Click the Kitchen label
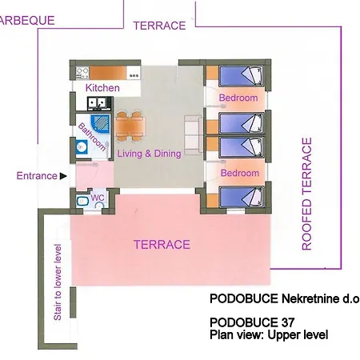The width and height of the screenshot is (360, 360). click(102, 87)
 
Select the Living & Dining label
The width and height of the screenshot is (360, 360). click(149, 154)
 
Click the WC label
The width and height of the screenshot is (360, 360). click(98, 197)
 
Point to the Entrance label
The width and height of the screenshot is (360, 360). click(37, 176)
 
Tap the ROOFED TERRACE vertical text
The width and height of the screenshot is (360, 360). click(306, 194)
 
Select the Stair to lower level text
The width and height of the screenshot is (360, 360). click(58, 281)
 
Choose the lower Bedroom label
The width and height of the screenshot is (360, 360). click(240, 173)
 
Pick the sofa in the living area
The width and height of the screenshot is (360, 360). click(192, 128)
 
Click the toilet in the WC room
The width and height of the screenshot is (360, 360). click(82, 201)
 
